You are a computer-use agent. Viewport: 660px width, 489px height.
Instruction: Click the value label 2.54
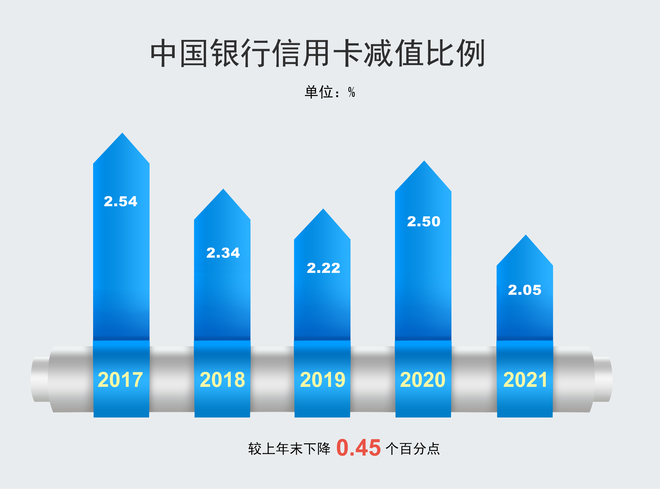[121, 202]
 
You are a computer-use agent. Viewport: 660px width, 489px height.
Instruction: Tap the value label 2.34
[223, 253]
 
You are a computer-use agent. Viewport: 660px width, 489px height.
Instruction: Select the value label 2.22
[324, 268]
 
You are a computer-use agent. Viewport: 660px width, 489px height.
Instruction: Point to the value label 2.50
[424, 221]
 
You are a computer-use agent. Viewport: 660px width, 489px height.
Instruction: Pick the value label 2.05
[524, 290]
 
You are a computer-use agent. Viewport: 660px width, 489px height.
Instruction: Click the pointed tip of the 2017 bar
[122, 134]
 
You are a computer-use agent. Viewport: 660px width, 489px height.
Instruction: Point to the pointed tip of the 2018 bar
[223, 190]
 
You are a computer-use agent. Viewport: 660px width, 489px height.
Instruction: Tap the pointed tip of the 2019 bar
[323, 210]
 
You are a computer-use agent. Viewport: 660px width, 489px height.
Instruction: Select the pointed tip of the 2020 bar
[424, 162]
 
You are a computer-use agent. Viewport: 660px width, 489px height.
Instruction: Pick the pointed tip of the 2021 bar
[526, 236]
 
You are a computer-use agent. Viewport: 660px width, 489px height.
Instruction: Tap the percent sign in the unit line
[352, 92]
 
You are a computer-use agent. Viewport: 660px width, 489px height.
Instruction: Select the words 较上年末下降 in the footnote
[289, 449]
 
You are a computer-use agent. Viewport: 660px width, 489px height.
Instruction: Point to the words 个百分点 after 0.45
[413, 449]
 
